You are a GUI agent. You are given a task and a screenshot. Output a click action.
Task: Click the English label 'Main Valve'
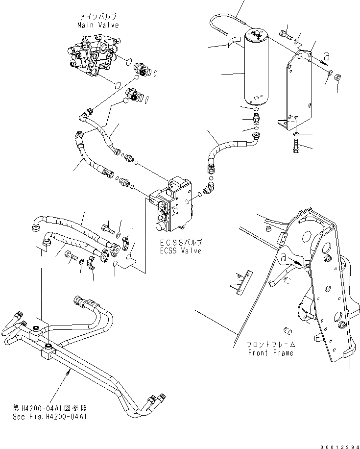97,25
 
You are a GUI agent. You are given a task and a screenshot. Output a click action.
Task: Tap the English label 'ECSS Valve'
181,250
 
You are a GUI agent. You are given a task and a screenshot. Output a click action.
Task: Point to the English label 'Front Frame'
270,353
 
